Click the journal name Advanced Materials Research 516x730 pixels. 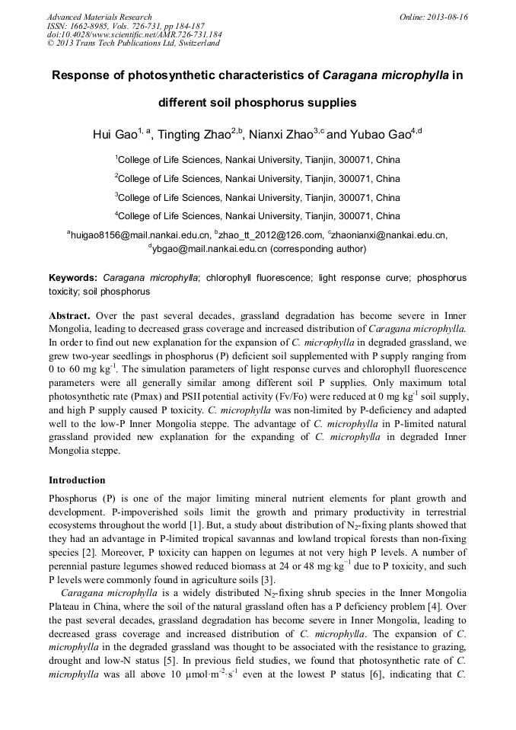pos(99,17)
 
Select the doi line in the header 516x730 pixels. pos(134,34)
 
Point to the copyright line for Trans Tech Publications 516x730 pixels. pos(133,43)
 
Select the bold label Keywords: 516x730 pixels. pos(73,279)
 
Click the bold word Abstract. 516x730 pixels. pos(69,315)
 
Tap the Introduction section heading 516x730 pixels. pos(77,480)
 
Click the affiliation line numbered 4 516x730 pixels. pos(258,216)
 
